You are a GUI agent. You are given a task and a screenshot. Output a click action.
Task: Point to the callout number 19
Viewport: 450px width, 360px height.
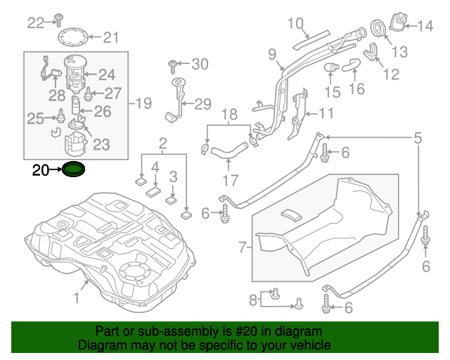point(143,104)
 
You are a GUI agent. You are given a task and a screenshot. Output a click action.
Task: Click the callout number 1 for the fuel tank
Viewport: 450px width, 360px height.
point(77,298)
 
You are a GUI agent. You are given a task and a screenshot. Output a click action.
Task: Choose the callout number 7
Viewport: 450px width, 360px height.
point(243,248)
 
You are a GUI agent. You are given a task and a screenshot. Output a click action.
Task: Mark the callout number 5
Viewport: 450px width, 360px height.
point(418,139)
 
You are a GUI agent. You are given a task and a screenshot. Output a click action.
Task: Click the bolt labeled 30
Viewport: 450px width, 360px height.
point(172,67)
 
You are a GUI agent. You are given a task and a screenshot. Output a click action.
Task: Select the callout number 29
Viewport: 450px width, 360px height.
point(202,105)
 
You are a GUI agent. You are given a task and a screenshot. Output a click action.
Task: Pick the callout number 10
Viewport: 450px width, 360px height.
point(295,22)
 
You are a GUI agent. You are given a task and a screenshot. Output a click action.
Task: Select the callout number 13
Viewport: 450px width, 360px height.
point(399,51)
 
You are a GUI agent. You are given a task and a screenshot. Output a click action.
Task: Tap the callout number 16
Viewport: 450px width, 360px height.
point(356,89)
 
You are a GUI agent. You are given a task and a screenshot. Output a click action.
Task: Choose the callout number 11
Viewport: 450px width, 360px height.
point(327,113)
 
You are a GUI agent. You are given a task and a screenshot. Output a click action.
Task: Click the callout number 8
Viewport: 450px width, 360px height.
point(253,301)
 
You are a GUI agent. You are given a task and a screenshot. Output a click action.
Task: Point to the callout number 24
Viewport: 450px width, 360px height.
point(106,75)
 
